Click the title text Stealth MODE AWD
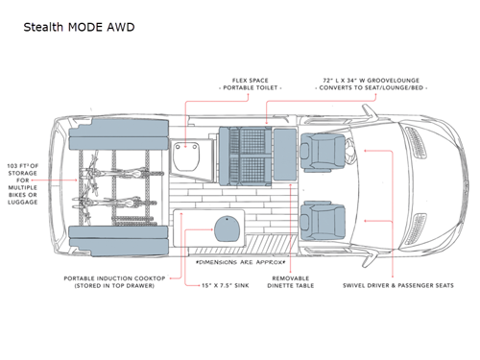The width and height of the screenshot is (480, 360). [79, 27]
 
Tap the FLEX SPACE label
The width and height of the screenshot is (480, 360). [252, 81]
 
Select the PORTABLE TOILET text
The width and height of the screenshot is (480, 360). [252, 89]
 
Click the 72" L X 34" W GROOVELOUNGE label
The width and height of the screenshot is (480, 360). [370, 81]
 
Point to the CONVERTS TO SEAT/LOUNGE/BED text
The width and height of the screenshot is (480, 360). [370, 89]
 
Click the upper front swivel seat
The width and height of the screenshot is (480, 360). [318, 150]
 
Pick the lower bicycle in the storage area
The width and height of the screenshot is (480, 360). [108, 204]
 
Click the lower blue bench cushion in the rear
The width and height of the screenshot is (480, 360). [113, 239]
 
